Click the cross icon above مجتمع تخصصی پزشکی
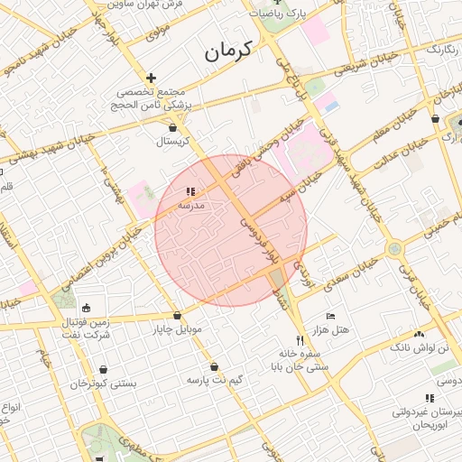point(151,78)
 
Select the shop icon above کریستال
point(172,128)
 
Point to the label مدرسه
point(190,206)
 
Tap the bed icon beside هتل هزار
point(331,318)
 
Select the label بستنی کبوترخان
point(105,383)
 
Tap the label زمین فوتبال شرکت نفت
point(87,328)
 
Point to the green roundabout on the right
point(394,248)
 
